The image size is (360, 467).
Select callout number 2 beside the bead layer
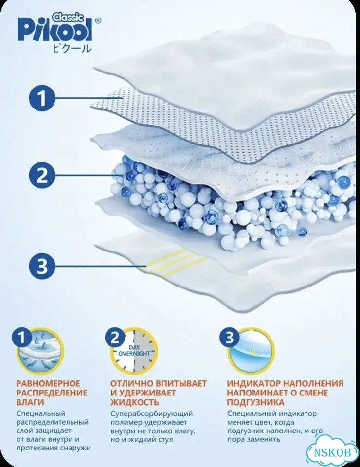click(42, 175)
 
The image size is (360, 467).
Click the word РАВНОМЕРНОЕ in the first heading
click(48, 383)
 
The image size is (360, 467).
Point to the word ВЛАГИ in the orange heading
click(30, 402)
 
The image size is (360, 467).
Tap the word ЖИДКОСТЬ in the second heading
click(135, 402)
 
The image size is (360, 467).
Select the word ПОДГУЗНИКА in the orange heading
click(256, 402)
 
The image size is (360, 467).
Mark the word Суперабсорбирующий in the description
click(152, 414)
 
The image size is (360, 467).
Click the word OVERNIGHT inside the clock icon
click(134, 354)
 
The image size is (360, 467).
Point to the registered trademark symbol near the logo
click(98, 20)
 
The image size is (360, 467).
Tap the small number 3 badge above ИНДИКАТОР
click(230, 337)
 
